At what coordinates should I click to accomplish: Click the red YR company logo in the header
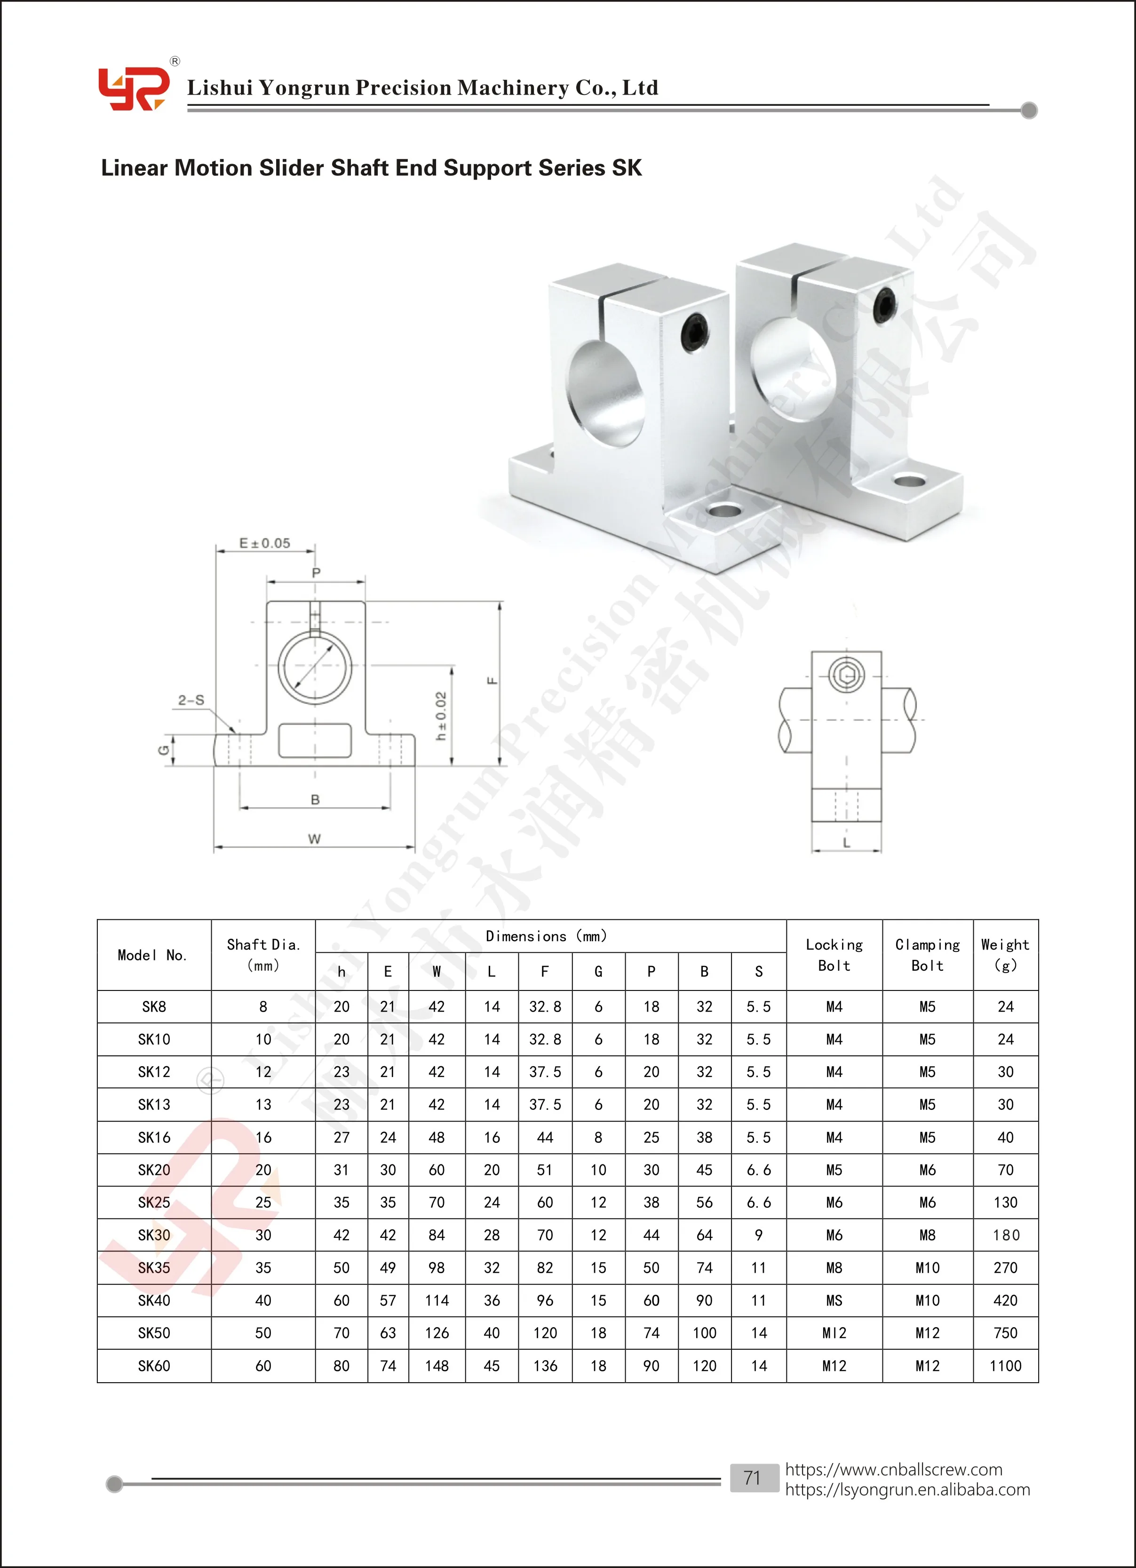[133, 88]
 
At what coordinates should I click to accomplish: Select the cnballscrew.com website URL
[893, 1469]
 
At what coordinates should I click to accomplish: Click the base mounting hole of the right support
[909, 480]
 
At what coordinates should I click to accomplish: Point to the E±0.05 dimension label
[265, 543]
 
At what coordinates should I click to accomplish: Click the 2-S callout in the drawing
[191, 700]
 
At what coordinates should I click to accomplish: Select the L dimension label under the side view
[846, 842]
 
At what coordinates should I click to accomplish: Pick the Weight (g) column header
[1005, 954]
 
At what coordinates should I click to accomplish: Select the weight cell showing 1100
[1005, 1365]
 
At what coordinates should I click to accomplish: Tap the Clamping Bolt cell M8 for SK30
[927, 1235]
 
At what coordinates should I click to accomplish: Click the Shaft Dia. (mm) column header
[263, 954]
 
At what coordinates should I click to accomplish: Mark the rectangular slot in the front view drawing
[315, 740]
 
